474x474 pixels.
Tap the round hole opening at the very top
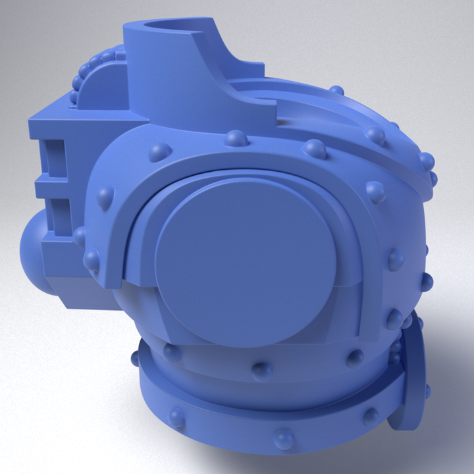171,26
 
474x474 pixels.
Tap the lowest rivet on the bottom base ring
284,438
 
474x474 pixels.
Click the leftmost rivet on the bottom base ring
176,417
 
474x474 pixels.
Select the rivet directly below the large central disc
262,371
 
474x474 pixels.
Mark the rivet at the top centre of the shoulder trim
236,139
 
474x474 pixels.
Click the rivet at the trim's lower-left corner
92,261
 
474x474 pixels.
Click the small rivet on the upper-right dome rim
336,90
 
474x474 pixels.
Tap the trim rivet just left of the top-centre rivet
160,153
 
